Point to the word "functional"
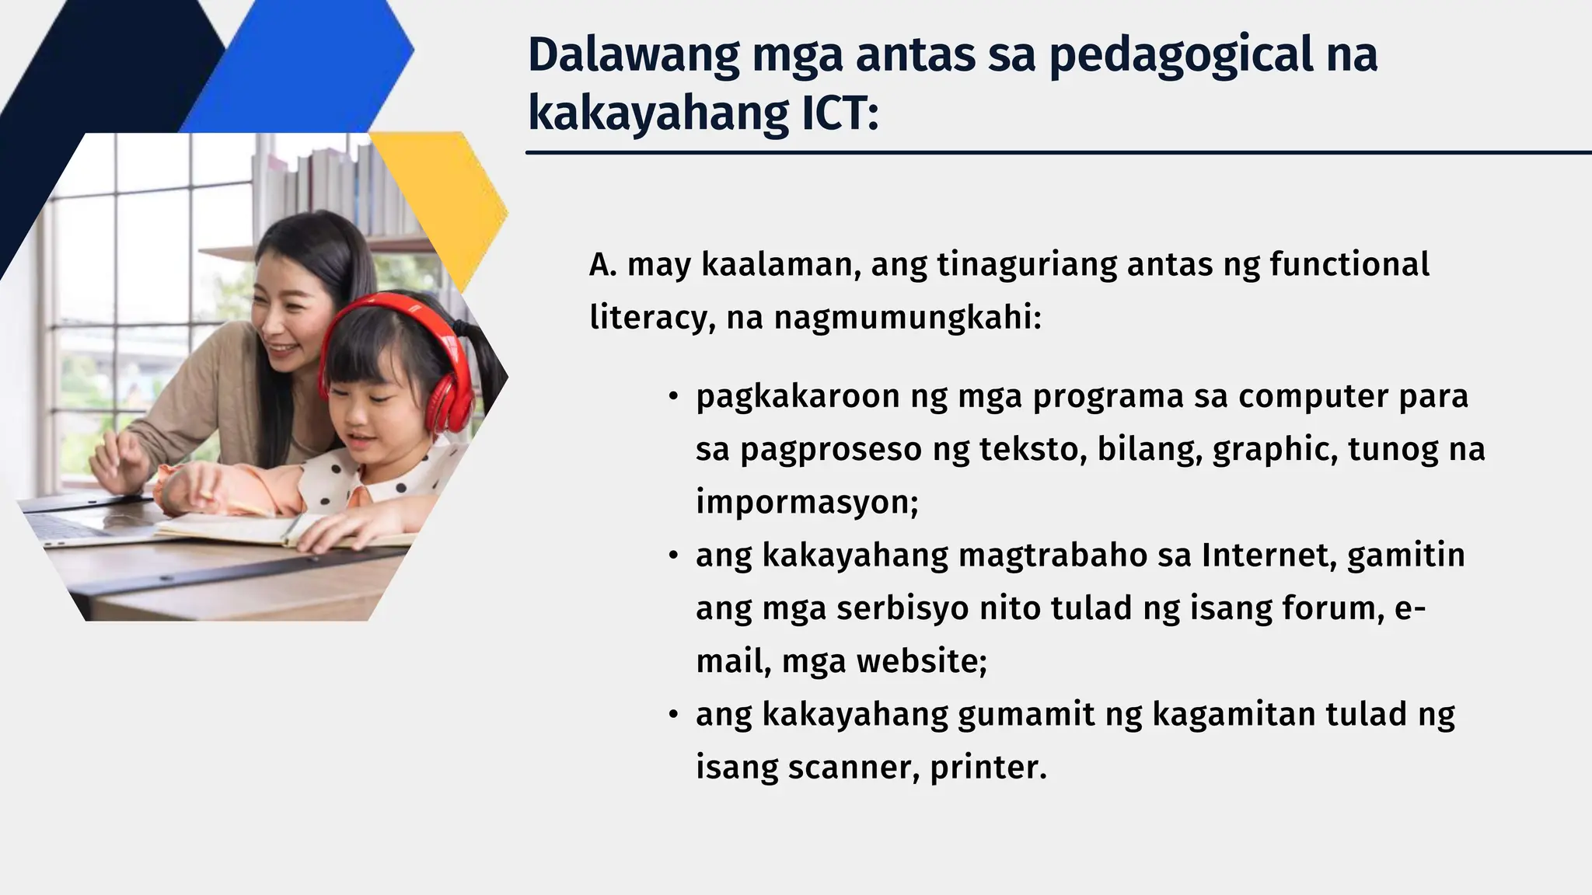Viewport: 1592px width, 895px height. click(x=1349, y=264)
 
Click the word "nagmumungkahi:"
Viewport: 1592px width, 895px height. click(x=907, y=318)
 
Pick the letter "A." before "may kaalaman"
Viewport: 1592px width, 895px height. click(x=602, y=265)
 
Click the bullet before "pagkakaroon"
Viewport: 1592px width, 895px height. click(x=674, y=397)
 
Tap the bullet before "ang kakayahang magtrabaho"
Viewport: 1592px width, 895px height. click(x=674, y=556)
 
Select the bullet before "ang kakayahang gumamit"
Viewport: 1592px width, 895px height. click(x=674, y=715)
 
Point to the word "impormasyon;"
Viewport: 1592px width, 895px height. click(x=807, y=503)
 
